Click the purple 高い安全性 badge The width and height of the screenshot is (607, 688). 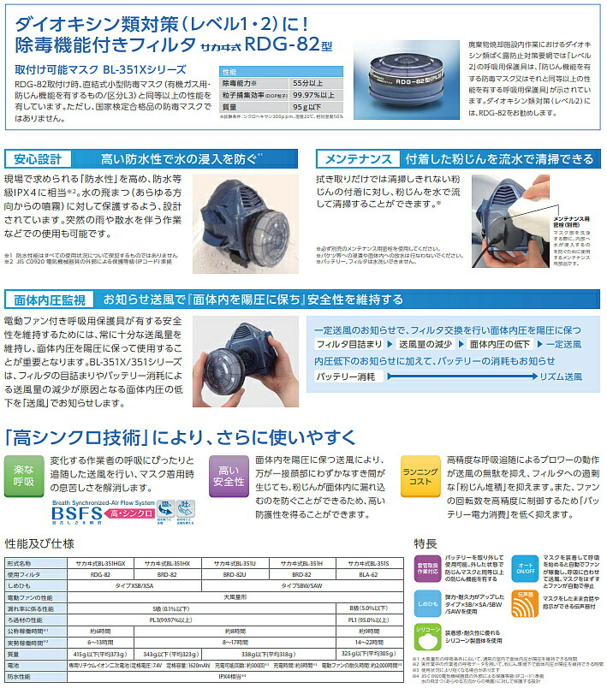(228, 476)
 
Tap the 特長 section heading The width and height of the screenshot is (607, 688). (425, 543)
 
